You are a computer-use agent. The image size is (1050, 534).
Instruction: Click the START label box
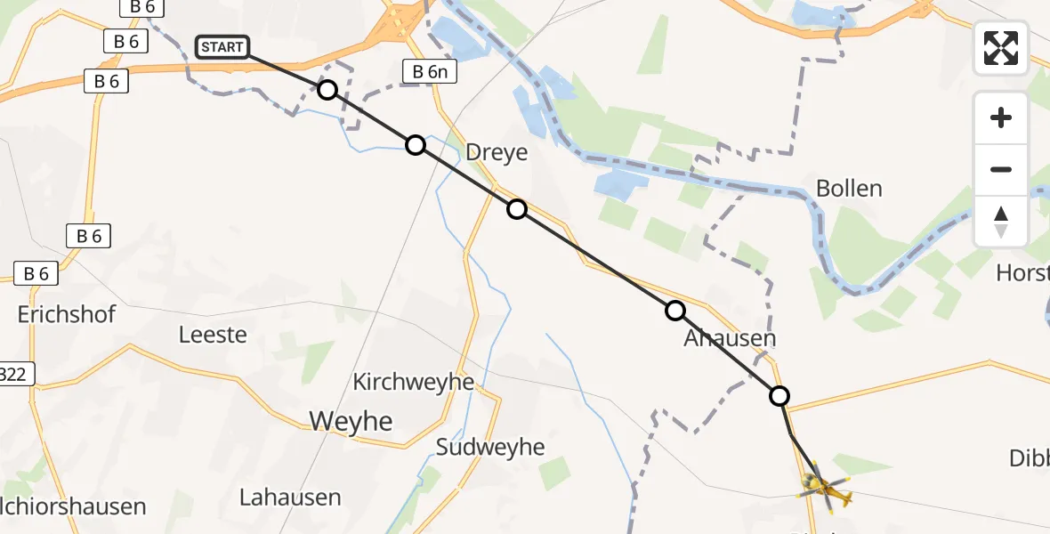222,47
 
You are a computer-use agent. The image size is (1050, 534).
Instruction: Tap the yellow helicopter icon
824,487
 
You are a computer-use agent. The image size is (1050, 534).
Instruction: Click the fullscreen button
1001,48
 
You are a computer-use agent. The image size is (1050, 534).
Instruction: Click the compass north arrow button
1001,222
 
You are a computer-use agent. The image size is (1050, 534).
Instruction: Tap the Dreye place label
497,152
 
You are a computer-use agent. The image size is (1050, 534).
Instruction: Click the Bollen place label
849,189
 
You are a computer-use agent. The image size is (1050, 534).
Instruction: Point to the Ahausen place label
730,338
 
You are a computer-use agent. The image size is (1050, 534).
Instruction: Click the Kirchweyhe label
414,382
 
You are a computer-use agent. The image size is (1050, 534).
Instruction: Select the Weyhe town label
351,420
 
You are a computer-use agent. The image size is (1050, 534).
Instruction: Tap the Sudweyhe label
489,447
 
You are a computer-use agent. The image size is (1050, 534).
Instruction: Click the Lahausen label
290,497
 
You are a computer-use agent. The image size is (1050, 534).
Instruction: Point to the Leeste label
213,335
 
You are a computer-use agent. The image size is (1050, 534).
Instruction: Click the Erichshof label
67,314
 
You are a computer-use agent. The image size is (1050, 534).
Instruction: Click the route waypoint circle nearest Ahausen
675,311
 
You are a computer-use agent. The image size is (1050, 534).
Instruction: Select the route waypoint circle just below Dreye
517,209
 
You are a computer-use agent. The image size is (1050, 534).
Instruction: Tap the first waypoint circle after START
327,90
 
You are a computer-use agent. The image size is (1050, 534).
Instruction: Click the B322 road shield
15,375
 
